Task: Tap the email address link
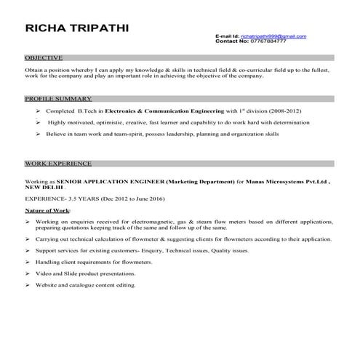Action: point(273,36)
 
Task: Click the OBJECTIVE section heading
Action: point(44,57)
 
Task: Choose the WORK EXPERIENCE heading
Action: point(58,164)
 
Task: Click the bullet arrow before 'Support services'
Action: point(28,249)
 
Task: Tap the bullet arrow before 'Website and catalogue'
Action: point(28,284)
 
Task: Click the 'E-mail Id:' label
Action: point(227,36)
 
